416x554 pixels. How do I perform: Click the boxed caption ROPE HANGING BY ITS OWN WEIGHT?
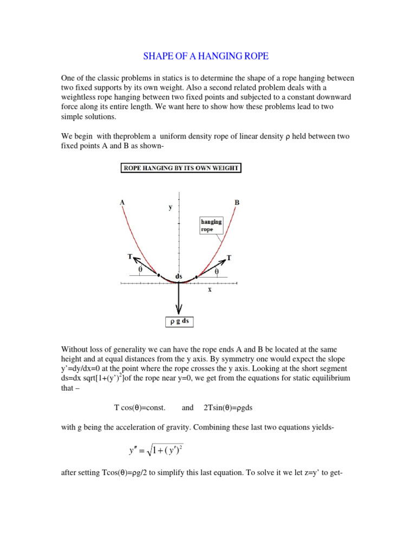[x=180, y=168]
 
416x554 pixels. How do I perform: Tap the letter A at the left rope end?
[x=123, y=202]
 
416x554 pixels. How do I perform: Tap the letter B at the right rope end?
[x=237, y=202]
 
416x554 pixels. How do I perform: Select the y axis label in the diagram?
[x=171, y=207]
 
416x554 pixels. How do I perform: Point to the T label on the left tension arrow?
[x=130, y=257]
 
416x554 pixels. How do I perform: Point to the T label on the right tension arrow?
[x=229, y=258]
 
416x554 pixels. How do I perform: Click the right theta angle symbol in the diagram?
[x=217, y=271]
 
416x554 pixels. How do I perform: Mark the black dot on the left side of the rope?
[x=159, y=275]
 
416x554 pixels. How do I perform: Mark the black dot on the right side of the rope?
[x=196, y=277]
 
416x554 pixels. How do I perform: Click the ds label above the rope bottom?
[x=179, y=275]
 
